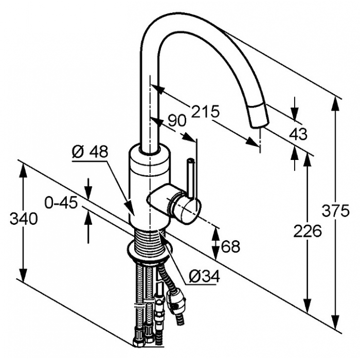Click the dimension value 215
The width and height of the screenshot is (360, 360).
click(x=206, y=112)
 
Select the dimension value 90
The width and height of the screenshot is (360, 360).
click(x=177, y=121)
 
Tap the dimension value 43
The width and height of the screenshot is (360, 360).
click(x=298, y=134)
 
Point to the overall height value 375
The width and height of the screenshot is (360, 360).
click(x=335, y=210)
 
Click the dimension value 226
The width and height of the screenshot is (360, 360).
click(x=308, y=231)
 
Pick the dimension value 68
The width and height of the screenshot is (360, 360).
click(x=230, y=246)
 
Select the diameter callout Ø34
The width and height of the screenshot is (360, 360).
click(x=204, y=276)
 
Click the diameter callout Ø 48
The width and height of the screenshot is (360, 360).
click(x=90, y=152)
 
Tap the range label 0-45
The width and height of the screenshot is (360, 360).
click(x=61, y=203)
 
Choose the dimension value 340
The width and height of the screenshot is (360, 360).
click(x=24, y=219)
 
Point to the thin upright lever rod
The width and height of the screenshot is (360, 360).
click(x=191, y=177)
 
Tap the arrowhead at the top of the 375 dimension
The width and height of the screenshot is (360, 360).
click(x=336, y=104)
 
